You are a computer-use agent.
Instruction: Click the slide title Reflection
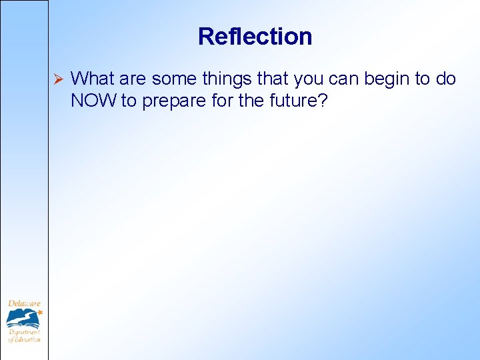click(x=255, y=36)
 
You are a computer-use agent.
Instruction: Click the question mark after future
click(x=324, y=102)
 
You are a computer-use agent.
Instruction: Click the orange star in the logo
click(x=39, y=311)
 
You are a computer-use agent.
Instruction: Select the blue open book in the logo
click(x=23, y=319)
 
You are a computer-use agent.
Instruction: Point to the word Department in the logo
click(x=24, y=331)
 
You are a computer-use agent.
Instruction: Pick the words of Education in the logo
click(x=24, y=339)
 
